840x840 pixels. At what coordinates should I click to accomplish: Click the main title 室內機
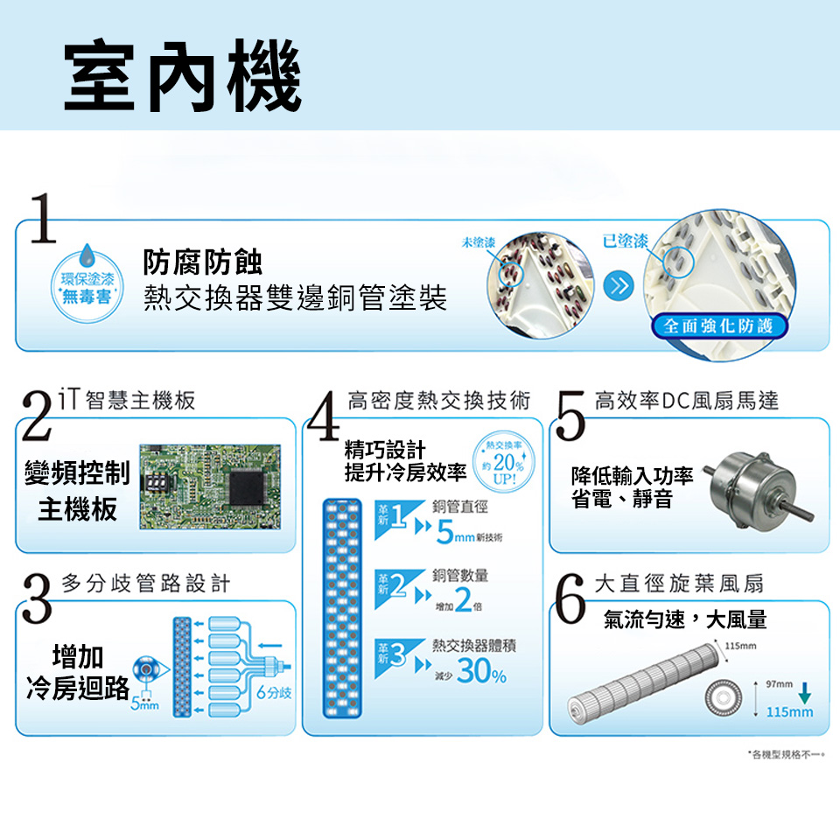click(x=182, y=77)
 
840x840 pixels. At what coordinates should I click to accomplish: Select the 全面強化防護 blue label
click(x=718, y=326)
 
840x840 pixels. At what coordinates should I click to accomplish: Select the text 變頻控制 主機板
click(x=78, y=492)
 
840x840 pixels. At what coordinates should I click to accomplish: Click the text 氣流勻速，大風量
click(x=685, y=619)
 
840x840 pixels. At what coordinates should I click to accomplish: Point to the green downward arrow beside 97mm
click(x=805, y=690)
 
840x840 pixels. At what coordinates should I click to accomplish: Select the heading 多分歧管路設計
click(x=146, y=584)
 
